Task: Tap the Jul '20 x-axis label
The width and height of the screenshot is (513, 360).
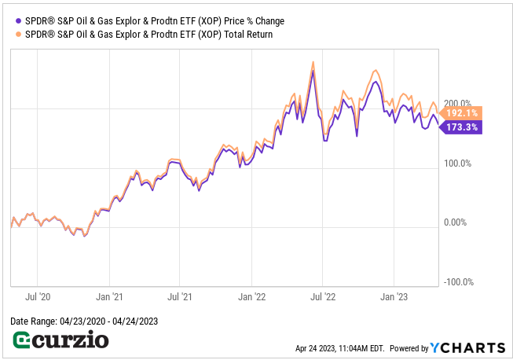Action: tap(38, 297)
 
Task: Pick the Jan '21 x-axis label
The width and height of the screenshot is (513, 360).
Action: tap(110, 297)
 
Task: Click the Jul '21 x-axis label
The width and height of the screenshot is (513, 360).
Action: tap(180, 297)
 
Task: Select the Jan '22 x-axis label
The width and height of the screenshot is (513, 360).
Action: tap(252, 297)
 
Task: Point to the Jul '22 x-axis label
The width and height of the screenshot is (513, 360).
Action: tap(322, 297)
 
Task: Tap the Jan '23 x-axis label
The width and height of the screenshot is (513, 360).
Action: tap(394, 297)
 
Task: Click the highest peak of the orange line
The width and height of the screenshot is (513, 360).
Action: tap(313, 62)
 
